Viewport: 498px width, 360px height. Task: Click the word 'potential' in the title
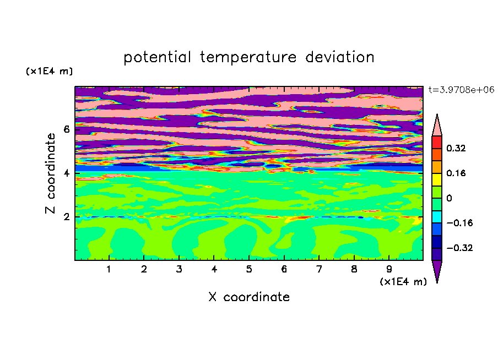coord(157,57)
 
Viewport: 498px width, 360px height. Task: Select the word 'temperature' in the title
coord(248,57)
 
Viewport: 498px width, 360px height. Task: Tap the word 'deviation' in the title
coord(340,57)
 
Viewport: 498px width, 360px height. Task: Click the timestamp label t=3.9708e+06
coord(461,90)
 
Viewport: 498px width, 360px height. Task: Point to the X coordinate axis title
coord(249,297)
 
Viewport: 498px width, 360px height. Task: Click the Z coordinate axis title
coord(50,173)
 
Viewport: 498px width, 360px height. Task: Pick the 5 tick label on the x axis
coord(249,269)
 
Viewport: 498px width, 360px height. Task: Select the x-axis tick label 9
coord(389,269)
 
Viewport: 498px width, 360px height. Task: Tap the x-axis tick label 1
coord(109,269)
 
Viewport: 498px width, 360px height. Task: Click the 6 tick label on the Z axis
coord(66,129)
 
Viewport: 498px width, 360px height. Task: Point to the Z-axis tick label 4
coord(66,173)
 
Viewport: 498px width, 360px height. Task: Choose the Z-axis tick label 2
coord(66,217)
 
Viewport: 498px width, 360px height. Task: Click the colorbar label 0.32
coord(456,148)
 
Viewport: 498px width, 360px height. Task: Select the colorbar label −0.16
coord(459,223)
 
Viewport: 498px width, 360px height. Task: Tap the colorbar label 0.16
coord(456,173)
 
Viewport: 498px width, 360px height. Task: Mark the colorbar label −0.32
coord(459,248)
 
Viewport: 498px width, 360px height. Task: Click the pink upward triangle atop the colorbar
coord(437,127)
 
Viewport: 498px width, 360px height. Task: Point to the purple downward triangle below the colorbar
coord(437,269)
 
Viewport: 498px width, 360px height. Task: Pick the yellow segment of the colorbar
coord(437,179)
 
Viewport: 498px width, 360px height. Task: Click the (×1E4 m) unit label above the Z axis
coord(49,71)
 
